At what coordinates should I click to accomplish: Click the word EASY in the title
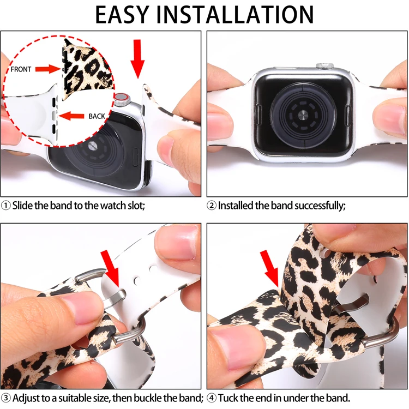point(122,14)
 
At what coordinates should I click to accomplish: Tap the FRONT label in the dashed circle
point(21,69)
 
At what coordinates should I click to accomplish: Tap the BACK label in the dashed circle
point(97,116)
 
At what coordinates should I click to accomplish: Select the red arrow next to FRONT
point(48,69)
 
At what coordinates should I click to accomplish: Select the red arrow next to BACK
point(71,116)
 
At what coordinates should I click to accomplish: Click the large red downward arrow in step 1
point(137,59)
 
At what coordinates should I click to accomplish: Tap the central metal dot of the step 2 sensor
point(303,115)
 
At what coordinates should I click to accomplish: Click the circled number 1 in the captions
point(6,206)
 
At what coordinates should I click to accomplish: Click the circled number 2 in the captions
point(212,206)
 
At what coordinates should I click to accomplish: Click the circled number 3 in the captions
point(6,398)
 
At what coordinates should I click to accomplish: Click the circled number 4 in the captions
point(212,398)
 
